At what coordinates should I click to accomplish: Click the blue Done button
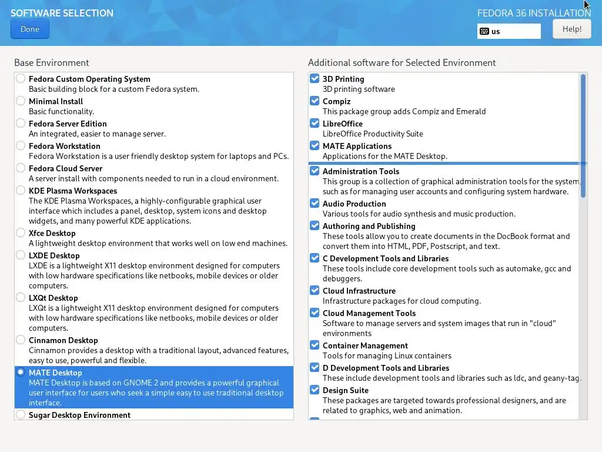coord(30,29)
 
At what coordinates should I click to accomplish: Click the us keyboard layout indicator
coord(509,31)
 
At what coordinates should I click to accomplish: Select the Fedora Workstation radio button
coord(21,145)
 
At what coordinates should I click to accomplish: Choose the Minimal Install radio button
coord(21,101)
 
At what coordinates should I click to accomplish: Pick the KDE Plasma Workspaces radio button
coord(21,190)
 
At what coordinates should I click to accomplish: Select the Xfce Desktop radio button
coord(21,232)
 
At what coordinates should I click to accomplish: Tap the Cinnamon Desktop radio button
coord(21,340)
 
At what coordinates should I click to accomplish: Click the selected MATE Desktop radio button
coord(21,372)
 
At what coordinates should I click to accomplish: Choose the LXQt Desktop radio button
coord(21,297)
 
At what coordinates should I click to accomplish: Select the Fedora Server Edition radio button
coord(21,123)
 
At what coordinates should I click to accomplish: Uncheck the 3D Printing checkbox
coord(315,78)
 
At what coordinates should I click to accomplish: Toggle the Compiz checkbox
coord(315,101)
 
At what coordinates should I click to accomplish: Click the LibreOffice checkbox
coord(315,123)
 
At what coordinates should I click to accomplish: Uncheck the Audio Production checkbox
coord(315,203)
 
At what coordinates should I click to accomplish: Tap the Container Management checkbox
coord(315,345)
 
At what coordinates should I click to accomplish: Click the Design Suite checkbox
coord(315,390)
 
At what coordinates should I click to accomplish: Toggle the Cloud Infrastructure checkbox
coord(315,290)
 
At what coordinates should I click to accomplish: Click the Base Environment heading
coord(52,62)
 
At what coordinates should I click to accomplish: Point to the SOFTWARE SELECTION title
coord(62,13)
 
